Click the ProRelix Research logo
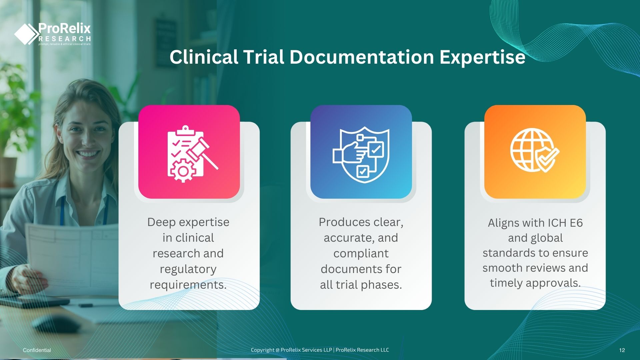pyautogui.click(x=52, y=34)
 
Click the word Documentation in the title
pyautogui.click(x=361, y=57)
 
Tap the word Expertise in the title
pyautogui.click(x=482, y=58)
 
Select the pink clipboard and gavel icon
pyautogui.click(x=189, y=152)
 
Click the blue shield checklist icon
pyautogui.click(x=361, y=152)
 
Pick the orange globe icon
pyautogui.click(x=535, y=152)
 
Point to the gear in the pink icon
pyautogui.click(x=183, y=171)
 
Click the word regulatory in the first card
pyautogui.click(x=188, y=269)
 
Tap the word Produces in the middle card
pyautogui.click(x=344, y=222)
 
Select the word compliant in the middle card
pyautogui.click(x=361, y=254)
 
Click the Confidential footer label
pyautogui.click(x=37, y=350)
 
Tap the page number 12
pyautogui.click(x=622, y=350)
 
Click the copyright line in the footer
pyautogui.click(x=320, y=350)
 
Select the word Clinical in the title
pyautogui.click(x=204, y=57)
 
